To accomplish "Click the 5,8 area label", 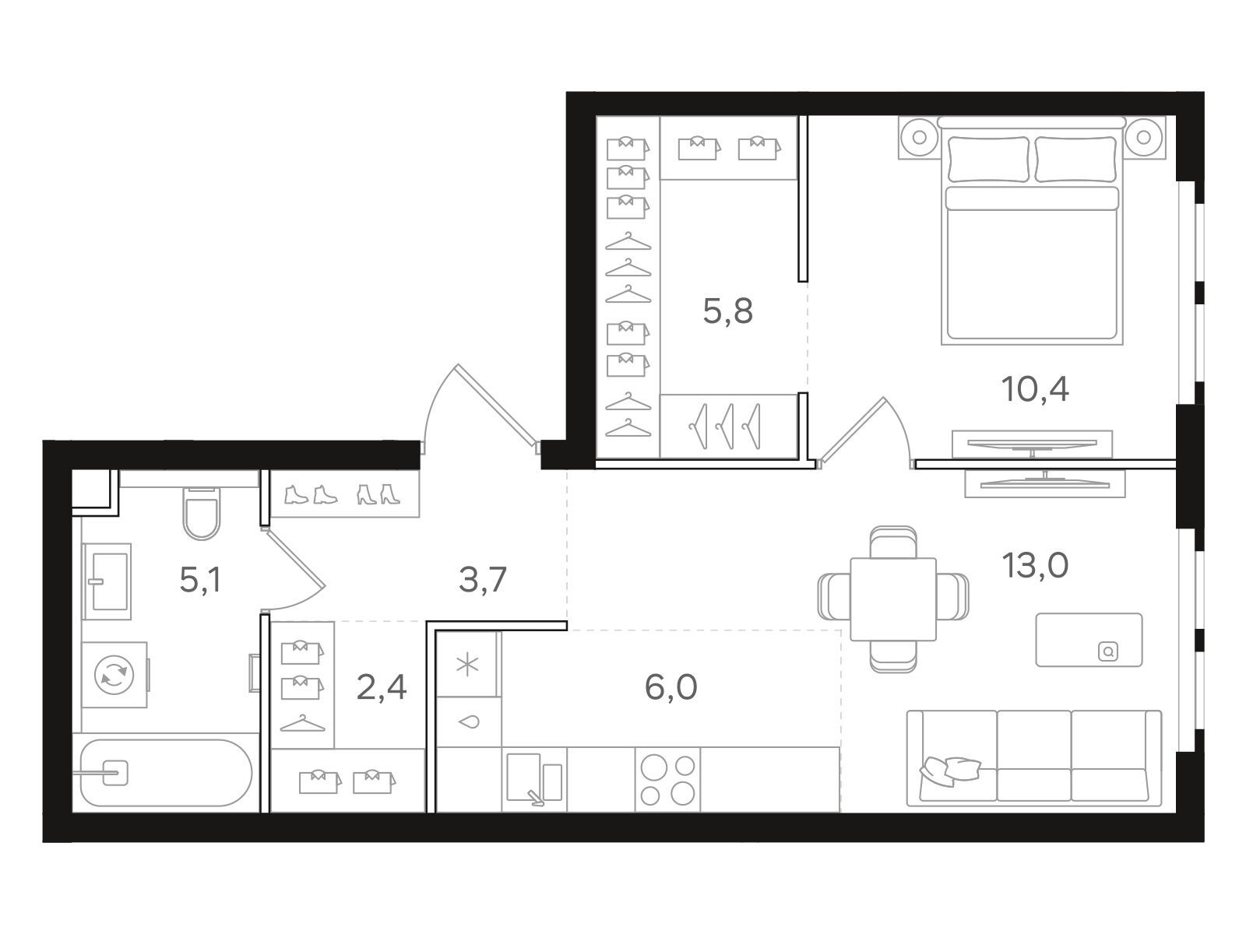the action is pos(727,311).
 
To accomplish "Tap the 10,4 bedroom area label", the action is pos(1035,390).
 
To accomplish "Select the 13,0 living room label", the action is pos(1035,565).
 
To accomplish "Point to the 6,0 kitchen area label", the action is pos(671,686).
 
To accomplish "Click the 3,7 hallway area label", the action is pos(482,580).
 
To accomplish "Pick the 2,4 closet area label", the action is pos(381,687).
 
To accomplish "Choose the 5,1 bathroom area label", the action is pos(200,580).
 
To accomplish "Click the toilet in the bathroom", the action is pos(202,513).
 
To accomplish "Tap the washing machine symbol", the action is pos(114,675).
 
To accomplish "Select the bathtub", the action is pos(167,772).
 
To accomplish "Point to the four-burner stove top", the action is pos(667,780).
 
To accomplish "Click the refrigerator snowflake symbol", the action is pos(468,665).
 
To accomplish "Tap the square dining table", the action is pos(893,599).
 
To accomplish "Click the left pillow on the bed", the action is pos(988,160).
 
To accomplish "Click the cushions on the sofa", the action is pos(949,771).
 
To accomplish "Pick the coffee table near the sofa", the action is pos(1089,640).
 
